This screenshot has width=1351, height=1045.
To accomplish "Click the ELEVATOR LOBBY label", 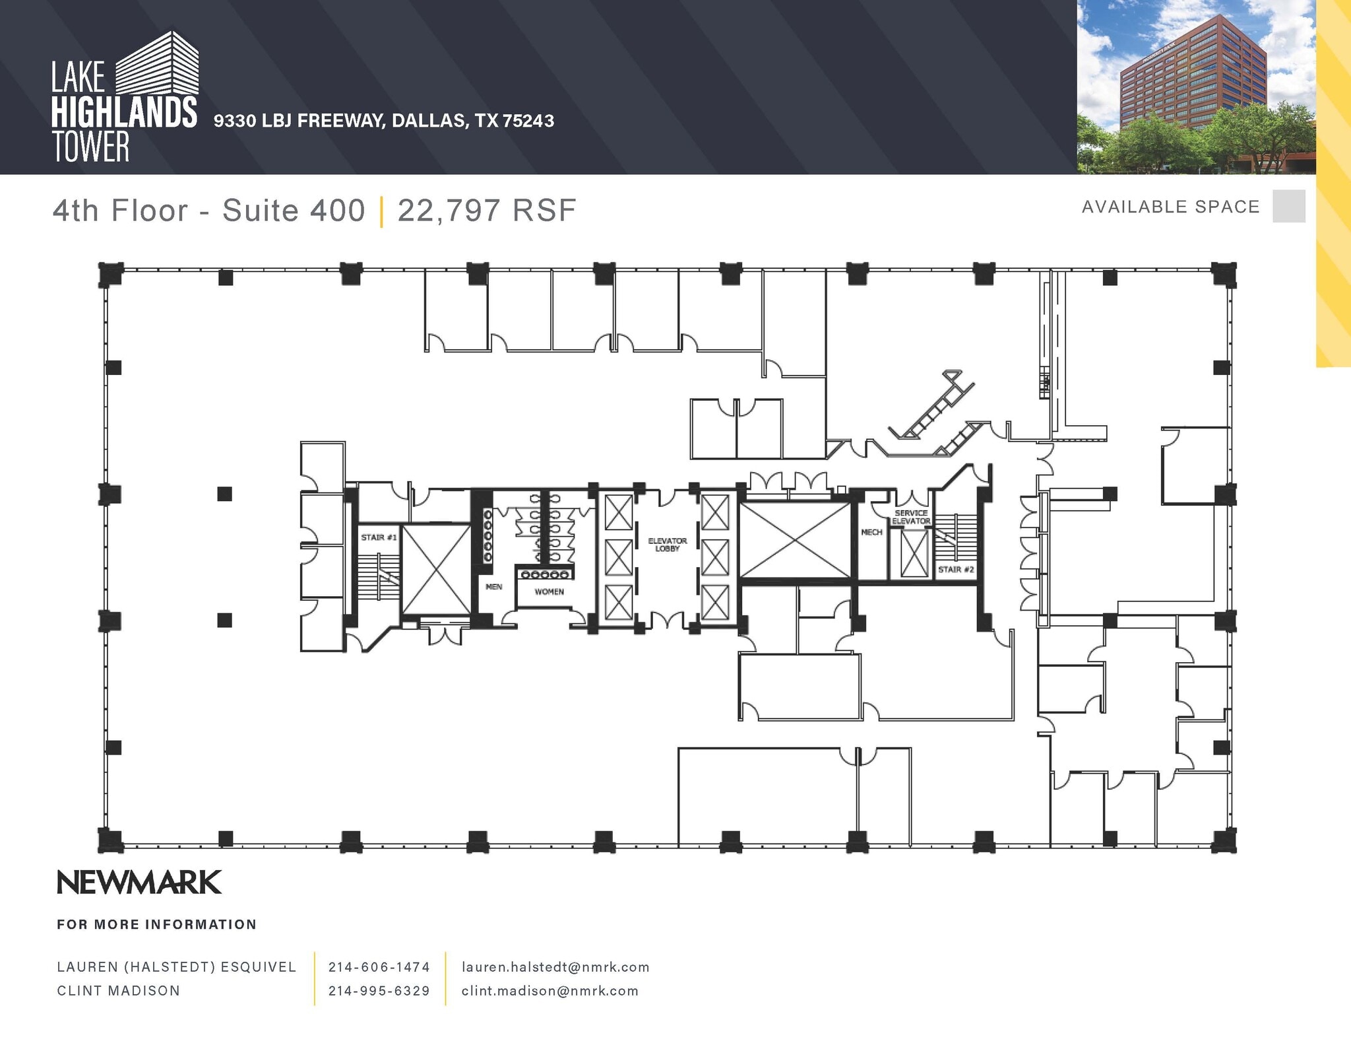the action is coord(667,545).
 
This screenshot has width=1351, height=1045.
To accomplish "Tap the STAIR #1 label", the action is coord(379,537).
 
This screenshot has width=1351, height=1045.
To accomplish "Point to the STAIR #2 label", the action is coord(956,569).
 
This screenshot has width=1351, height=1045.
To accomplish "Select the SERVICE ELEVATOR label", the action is coord(911,517).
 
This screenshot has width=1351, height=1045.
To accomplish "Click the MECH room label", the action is coord(871,532).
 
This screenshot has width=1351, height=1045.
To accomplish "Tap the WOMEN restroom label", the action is coord(549,591).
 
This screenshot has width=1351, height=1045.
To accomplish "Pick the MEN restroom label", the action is coord(493,586).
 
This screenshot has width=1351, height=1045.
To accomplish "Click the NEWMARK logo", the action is coord(139,883).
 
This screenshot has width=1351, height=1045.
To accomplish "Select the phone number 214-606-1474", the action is coord(379,967).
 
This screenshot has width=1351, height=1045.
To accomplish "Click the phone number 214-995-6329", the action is coord(379,991).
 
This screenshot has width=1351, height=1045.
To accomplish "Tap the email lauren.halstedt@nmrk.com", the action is coord(555,967).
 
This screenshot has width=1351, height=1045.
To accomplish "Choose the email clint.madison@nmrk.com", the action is coord(550,991).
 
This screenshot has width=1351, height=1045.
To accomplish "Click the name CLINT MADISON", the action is coord(119,991).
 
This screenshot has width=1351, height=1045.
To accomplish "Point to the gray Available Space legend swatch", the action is coord(1289,206).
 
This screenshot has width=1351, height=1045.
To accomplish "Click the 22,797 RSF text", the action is coord(487,211).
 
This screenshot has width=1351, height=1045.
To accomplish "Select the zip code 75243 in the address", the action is coord(528,121).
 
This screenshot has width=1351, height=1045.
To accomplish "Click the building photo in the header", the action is coord(1197,86).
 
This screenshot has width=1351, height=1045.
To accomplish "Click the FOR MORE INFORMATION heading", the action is coord(157,925).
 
